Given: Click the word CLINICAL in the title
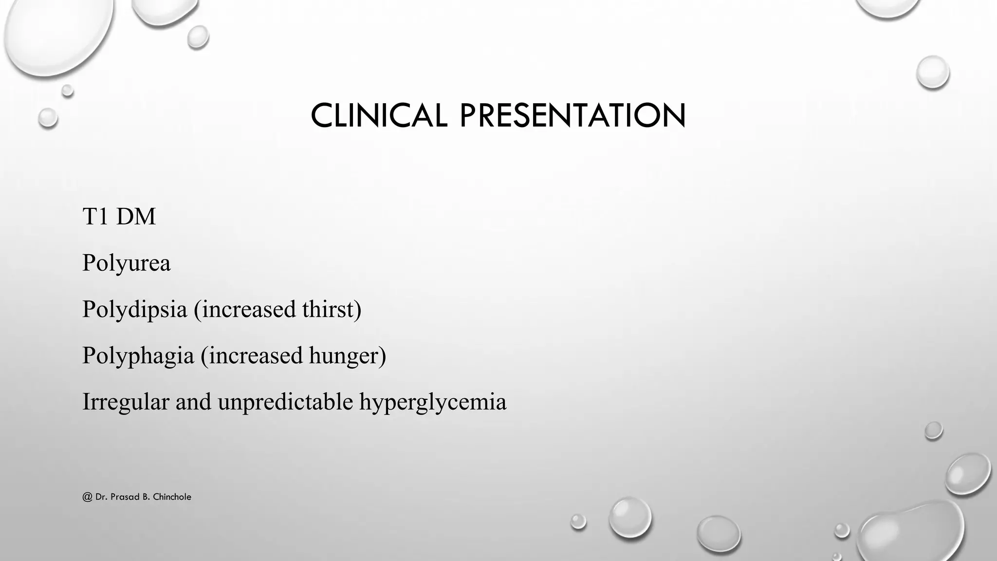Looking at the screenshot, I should pyautogui.click(x=379, y=116).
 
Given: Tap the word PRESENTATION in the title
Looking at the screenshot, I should pyautogui.click(x=572, y=116).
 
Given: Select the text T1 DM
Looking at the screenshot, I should pyautogui.click(x=119, y=217).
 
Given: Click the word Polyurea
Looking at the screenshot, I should pyautogui.click(x=126, y=263).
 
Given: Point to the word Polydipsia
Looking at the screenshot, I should pyautogui.click(x=134, y=310).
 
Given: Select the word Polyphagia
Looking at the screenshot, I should pyautogui.click(x=138, y=356).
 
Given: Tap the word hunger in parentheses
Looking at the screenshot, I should pyautogui.click(x=347, y=356).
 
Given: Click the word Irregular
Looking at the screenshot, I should pyautogui.click(x=126, y=402).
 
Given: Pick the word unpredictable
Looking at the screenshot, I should pyautogui.click(x=285, y=402).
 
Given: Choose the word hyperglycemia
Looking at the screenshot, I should pyautogui.click(x=433, y=402).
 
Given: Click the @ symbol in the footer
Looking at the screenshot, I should pyautogui.click(x=87, y=497).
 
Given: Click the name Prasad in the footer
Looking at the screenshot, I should pyautogui.click(x=124, y=497).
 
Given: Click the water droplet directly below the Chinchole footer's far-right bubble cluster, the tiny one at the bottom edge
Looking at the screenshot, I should pyautogui.click(x=837, y=556).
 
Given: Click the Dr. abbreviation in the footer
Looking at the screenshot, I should pyautogui.click(x=101, y=497).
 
